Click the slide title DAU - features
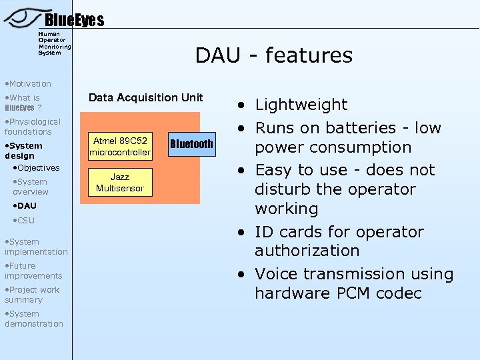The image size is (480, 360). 273,55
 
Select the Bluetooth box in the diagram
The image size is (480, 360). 191,144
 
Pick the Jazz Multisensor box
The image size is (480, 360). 120,183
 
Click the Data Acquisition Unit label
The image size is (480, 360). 145,98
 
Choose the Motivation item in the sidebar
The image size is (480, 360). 28,84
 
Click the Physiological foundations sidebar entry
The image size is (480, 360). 33,127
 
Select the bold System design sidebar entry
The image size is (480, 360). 23,151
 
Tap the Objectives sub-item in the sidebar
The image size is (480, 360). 38,168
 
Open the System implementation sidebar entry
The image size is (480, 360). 35,247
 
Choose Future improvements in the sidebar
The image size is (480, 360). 33,271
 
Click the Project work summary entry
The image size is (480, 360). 32,295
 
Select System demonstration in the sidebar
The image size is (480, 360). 33,319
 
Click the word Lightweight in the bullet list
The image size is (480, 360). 301,105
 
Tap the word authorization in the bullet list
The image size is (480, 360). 307,251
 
